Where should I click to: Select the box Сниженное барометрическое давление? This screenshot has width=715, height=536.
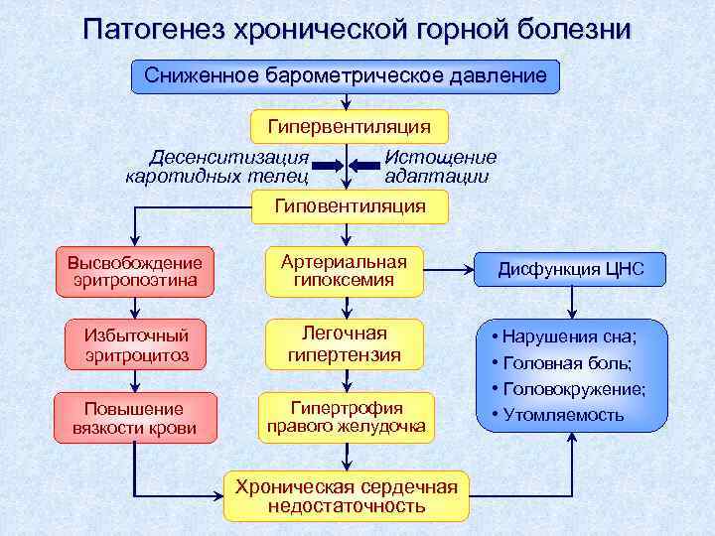tap(346, 75)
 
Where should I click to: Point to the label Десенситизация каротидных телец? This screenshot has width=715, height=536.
tap(217, 167)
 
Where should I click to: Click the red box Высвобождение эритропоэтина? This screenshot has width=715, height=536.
tap(135, 271)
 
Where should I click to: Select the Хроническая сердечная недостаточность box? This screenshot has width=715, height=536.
tap(346, 495)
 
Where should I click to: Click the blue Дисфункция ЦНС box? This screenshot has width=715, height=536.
tap(571, 269)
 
